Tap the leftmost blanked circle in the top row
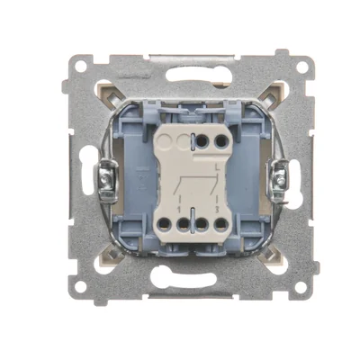(x=165, y=142)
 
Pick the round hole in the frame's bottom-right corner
(x=299, y=287)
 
